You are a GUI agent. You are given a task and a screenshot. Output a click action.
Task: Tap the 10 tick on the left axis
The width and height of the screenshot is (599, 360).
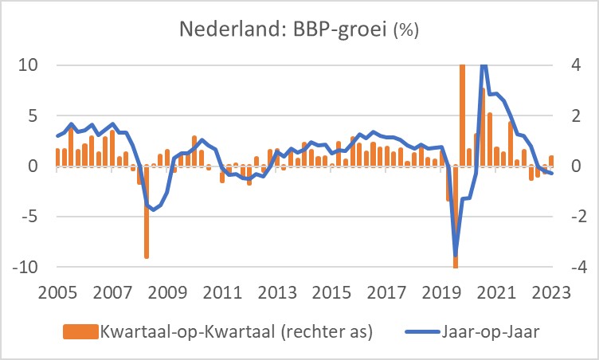point(29,65)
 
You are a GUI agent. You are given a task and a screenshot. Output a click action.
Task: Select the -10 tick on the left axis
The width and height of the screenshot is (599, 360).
point(25,267)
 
